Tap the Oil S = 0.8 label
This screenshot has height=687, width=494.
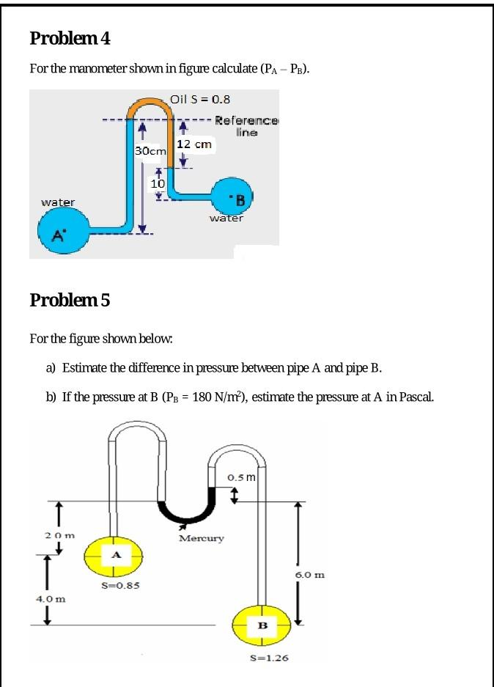[x=200, y=98]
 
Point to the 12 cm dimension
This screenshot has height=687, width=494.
[x=194, y=144]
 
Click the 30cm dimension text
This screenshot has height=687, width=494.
[x=151, y=150]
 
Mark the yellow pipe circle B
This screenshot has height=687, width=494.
[x=262, y=625]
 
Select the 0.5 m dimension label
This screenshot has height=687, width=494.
[x=240, y=477]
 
